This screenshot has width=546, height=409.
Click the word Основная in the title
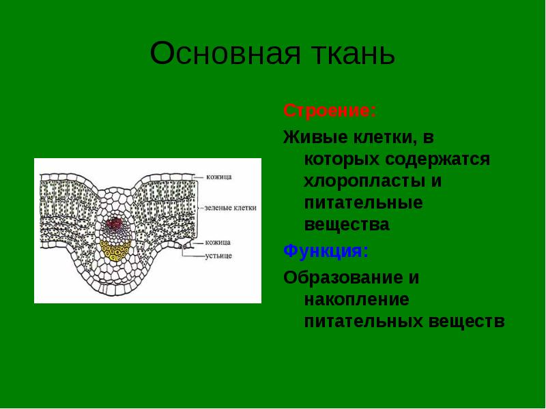pos(225,53)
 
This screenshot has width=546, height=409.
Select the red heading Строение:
pos(330,111)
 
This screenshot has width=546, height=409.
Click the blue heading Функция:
pos(326,251)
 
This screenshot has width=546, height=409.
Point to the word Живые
pos(316,137)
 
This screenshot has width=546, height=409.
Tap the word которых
pos(342,160)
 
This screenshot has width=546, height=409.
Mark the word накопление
pos(356,300)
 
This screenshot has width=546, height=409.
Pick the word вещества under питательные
pos(347,225)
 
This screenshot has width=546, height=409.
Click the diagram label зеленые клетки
pos(231,208)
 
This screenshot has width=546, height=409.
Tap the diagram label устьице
pos(218,256)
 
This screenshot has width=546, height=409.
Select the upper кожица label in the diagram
pos(219,177)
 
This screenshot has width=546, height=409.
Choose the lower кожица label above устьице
pos(218,242)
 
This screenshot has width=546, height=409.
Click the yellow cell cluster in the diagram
pos(115,250)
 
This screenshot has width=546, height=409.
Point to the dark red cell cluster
pos(115,224)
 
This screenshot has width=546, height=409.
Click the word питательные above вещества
pos(364,203)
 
